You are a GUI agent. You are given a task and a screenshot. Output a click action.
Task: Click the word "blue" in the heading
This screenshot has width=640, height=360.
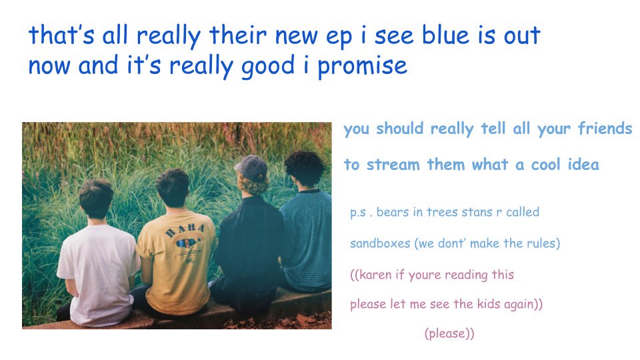click(446, 35)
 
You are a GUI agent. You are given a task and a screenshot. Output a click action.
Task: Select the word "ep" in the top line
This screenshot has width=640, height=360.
click(339, 37)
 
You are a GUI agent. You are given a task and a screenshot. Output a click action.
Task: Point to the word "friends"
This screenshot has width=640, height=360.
click(605, 128)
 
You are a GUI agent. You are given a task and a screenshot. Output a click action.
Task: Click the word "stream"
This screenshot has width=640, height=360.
click(393, 165)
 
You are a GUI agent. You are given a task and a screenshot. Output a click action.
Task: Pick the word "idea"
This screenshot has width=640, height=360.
click(583, 164)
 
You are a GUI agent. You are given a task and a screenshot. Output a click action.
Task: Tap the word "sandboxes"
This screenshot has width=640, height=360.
click(380, 244)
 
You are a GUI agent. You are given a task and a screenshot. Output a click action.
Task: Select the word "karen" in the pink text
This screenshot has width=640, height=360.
click(375, 275)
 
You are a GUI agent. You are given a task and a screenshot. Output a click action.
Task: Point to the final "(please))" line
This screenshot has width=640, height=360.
click(449, 333)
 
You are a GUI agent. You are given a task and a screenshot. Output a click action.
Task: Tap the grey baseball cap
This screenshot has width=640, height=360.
click(251, 168)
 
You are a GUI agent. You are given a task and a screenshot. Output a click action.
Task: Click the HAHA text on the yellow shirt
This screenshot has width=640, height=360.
click(185, 231)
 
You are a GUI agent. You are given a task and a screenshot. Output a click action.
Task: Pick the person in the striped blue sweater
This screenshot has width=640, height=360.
click(307, 223)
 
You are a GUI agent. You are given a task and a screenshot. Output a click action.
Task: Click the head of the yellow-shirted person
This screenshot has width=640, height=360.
click(173, 189)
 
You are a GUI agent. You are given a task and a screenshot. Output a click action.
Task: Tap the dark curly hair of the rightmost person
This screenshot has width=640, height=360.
click(305, 167)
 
